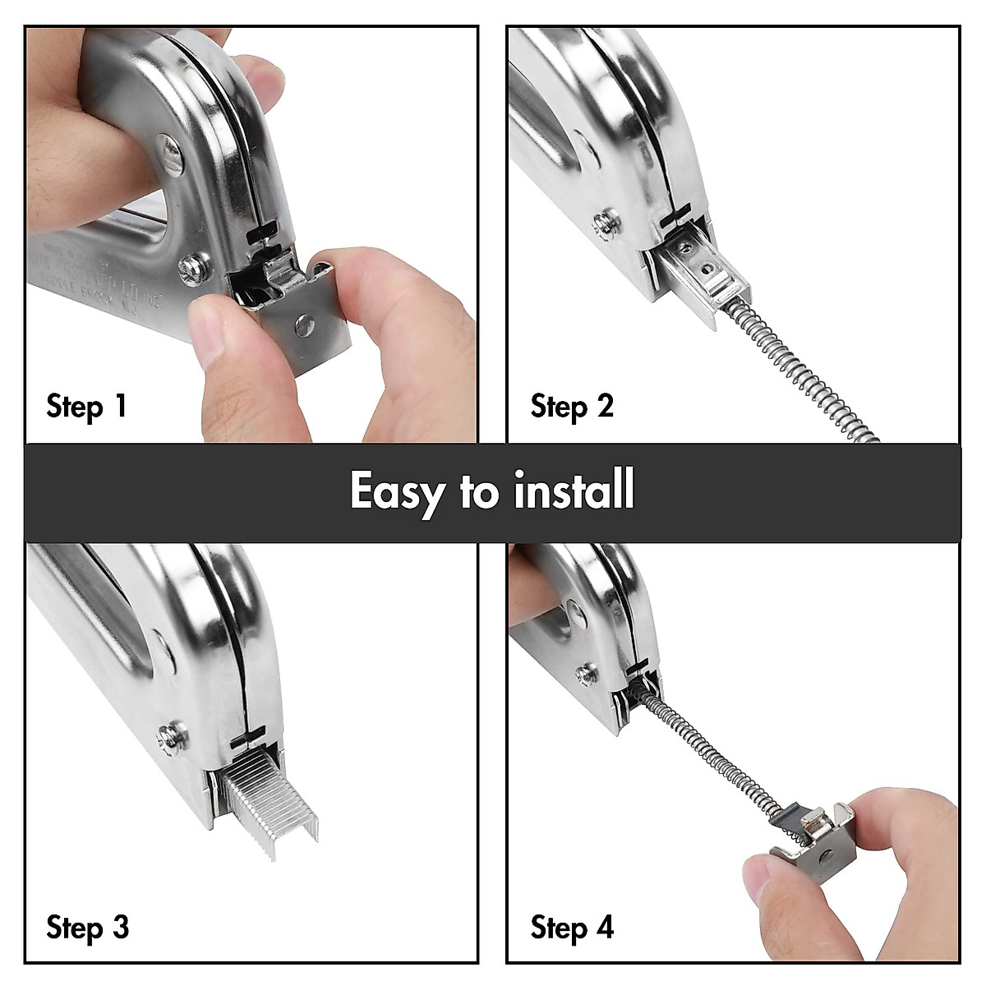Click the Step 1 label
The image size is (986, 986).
tap(86, 406)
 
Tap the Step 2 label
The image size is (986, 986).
tap(572, 406)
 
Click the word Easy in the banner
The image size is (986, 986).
tap(396, 491)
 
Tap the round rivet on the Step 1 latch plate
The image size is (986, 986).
tap(306, 326)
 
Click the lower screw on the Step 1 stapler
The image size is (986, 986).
tap(196, 267)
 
